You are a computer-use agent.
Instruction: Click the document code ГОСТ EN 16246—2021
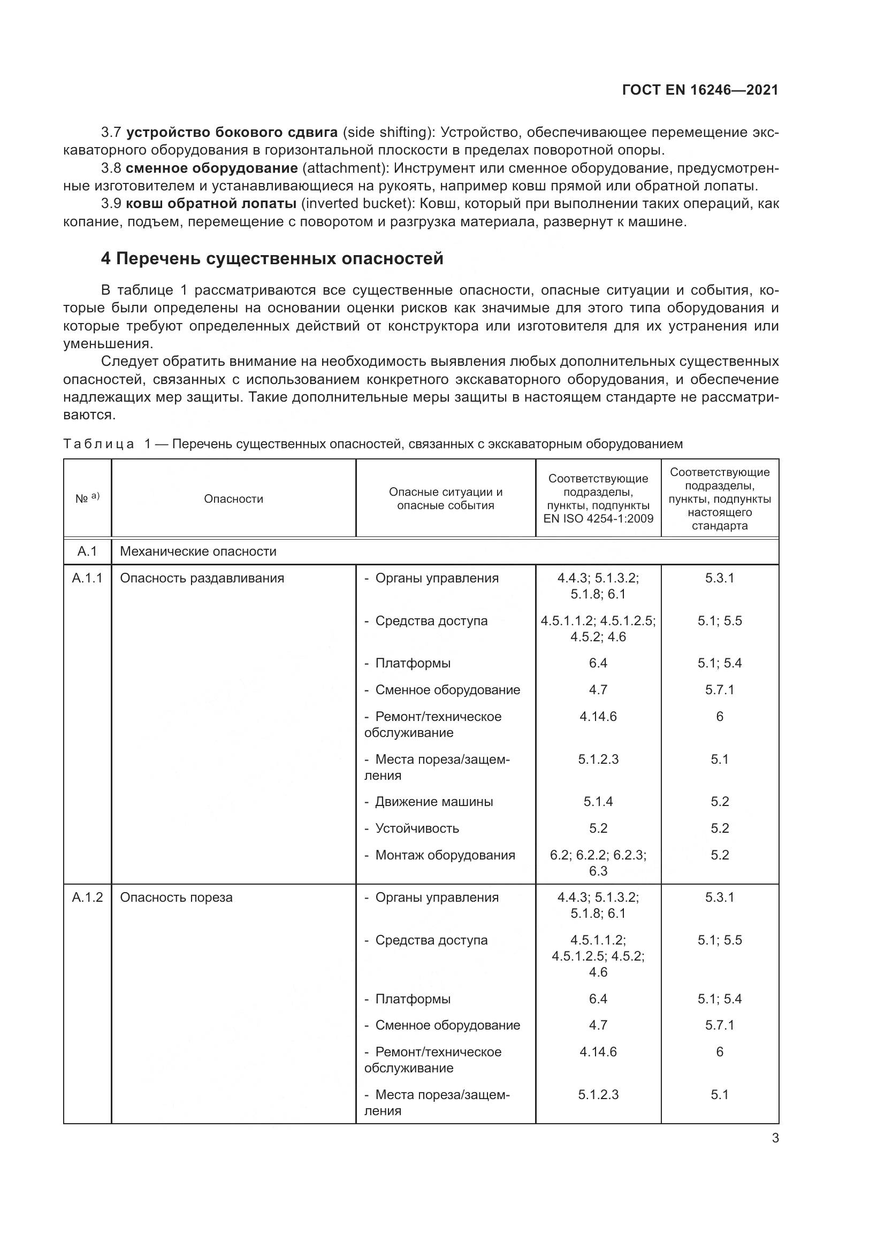[700, 90]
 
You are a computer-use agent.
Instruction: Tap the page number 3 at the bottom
[775, 1138]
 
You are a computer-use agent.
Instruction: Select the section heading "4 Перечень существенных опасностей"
[272, 259]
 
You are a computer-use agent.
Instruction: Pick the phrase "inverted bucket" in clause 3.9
[354, 204]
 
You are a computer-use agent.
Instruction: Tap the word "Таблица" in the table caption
[98, 444]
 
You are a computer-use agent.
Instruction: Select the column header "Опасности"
[233, 499]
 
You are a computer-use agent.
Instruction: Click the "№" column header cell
[87, 498]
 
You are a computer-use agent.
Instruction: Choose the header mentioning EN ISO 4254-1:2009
[598, 498]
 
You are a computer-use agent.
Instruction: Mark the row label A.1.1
[87, 578]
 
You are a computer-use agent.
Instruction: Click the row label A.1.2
[87, 897]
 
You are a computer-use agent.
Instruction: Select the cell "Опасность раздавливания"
[202, 578]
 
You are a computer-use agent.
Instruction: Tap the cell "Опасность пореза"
[177, 897]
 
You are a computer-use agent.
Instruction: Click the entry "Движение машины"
[434, 802]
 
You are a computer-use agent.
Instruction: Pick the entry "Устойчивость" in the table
[417, 828]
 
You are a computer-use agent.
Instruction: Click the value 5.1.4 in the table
[598, 802]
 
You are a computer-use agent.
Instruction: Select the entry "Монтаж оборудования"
[445, 855]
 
